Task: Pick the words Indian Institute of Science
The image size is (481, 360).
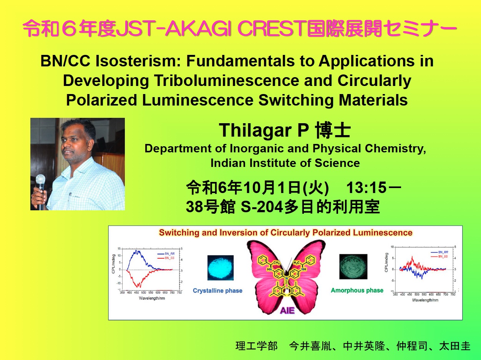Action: point(285,163)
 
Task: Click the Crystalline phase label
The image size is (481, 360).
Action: point(217,291)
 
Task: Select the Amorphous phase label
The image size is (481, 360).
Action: point(357,291)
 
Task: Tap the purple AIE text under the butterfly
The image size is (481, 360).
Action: point(287,310)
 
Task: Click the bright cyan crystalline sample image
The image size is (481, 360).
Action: point(220,268)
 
